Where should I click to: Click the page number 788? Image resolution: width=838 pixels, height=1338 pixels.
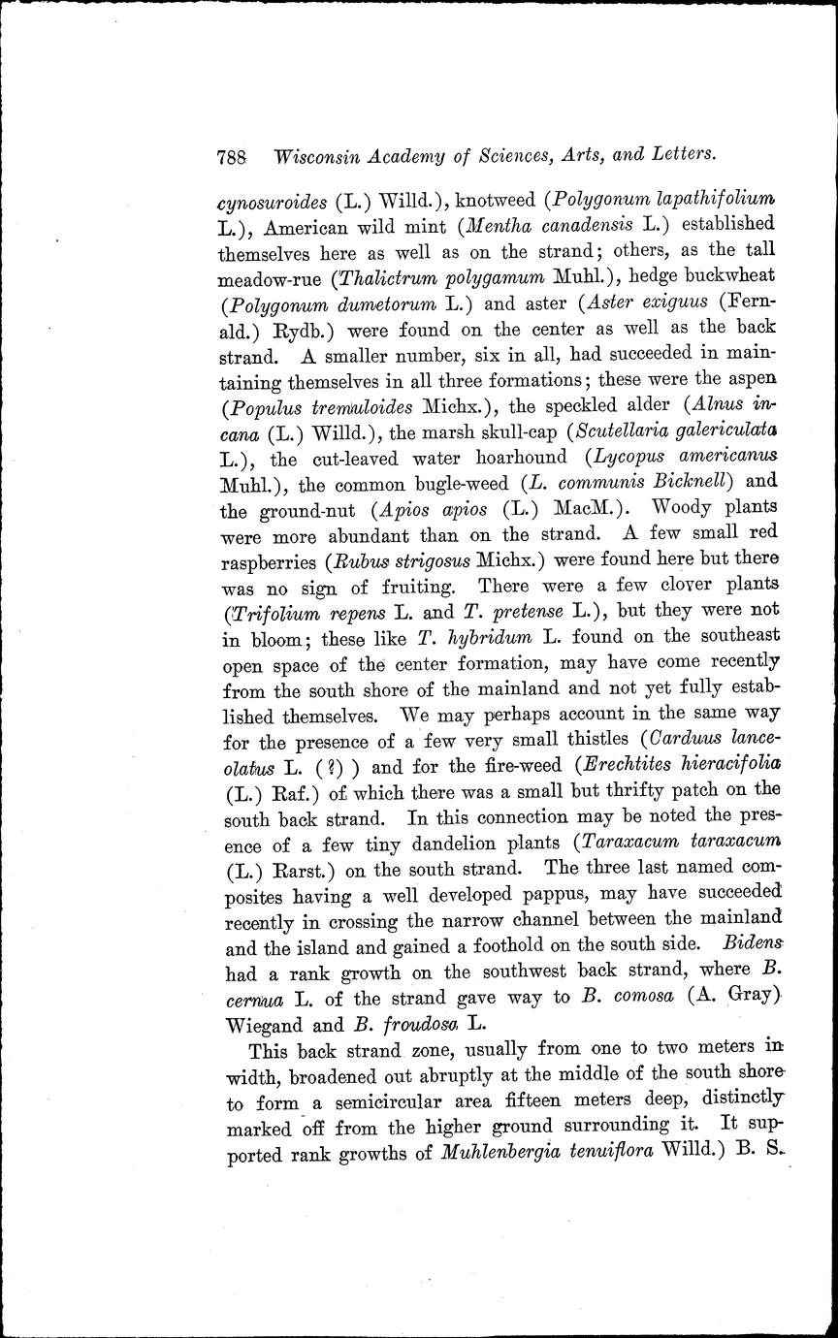click(x=235, y=156)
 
